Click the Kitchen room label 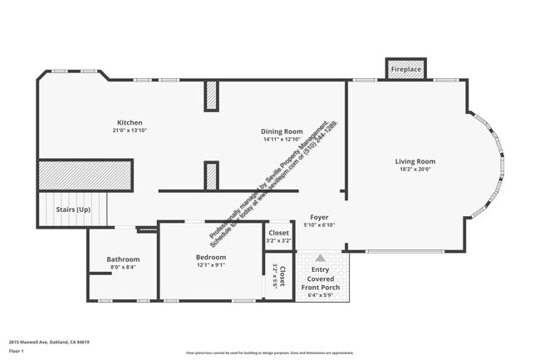pos(130,121)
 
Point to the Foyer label pos(319,217)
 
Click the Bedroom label pos(210,257)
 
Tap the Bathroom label pos(122,259)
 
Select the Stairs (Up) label pos(73,210)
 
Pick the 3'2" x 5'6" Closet pos(280,275)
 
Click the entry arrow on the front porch pos(320,259)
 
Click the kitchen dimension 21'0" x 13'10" pos(130,130)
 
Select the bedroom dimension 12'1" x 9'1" pos(210,265)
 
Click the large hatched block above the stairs pos(85,175)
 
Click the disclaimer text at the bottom pos(269,353)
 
